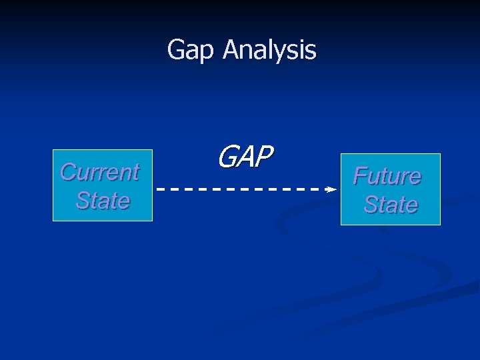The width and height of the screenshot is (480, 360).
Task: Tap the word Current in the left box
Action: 99,172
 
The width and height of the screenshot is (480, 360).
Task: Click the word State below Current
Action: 103,200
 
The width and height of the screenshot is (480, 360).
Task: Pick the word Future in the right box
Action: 387,176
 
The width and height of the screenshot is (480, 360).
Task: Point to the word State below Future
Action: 391,204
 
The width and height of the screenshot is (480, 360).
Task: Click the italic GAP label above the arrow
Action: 245,157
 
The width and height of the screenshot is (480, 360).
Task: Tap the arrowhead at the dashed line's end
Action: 331,189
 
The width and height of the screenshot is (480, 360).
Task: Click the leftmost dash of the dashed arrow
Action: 161,189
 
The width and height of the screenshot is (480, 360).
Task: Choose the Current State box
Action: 103,186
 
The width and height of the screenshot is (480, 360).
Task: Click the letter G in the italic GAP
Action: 227,157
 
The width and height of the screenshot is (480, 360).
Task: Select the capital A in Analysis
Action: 231,49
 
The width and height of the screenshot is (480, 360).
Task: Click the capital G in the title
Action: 176,49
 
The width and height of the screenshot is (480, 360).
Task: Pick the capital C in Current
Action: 67,172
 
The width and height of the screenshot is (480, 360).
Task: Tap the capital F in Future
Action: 360,176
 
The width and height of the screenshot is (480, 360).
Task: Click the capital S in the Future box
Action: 370,204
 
